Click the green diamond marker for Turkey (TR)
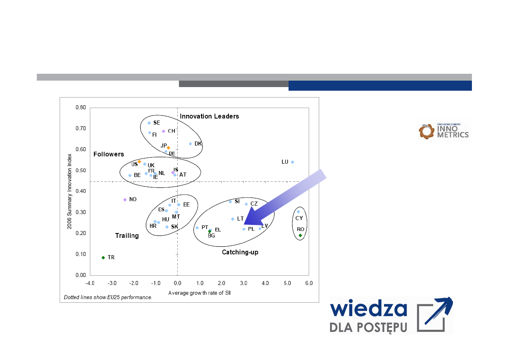[x=103, y=258]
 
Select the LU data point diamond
[x=293, y=162]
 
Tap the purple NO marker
[x=125, y=200]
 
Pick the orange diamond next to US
[x=139, y=162]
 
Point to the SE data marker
[x=149, y=123]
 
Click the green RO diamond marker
[x=300, y=235]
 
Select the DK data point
[x=190, y=144]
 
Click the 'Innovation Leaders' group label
[x=209, y=117]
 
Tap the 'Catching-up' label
[x=240, y=252]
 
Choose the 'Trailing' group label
[x=127, y=236]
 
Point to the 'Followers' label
[x=109, y=154]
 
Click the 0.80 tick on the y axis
[x=81, y=107]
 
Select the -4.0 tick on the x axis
[x=90, y=283]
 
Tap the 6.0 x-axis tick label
[x=309, y=283]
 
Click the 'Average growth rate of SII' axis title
[x=199, y=293]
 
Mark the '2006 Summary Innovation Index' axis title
[x=69, y=191]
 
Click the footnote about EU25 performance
[x=108, y=297]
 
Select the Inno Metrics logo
[x=444, y=131]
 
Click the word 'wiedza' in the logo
[x=368, y=308]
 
